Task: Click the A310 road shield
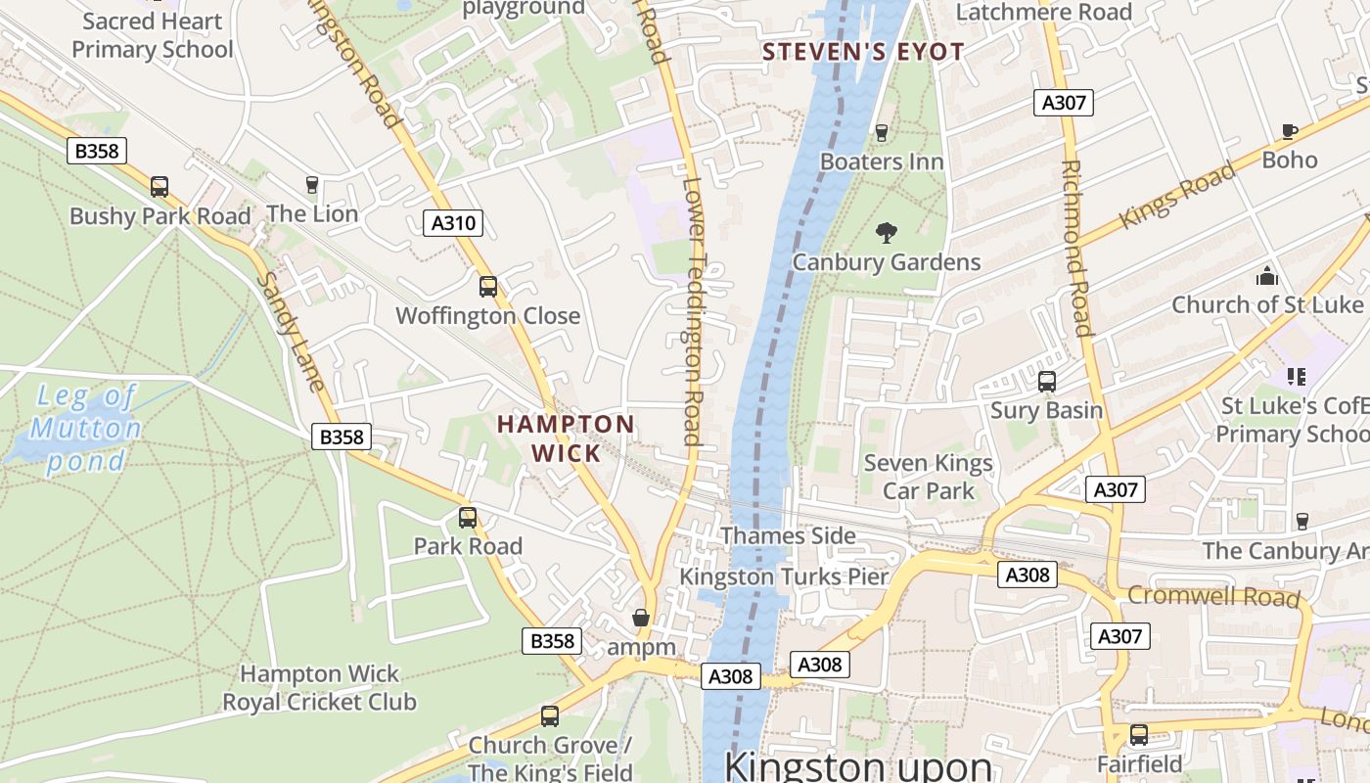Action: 454,223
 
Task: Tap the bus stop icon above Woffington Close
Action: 487,287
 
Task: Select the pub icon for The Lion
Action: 312,185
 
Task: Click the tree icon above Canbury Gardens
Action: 887,233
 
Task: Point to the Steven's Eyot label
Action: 863,52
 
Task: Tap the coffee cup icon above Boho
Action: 1290,131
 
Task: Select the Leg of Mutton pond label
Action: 85,428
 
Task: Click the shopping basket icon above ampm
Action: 641,618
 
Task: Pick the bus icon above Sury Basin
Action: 1047,382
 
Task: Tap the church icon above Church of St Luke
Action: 1267,276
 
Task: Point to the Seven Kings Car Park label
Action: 928,477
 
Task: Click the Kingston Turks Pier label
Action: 784,576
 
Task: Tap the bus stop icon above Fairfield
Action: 1139,734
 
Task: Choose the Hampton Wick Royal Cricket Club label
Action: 319,688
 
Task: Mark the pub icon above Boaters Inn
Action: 882,132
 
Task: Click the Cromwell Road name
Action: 1213,595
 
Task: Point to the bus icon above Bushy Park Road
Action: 160,187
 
